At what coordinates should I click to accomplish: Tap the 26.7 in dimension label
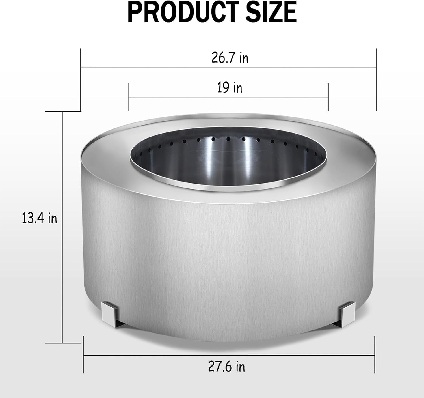230,58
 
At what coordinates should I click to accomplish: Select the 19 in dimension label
230,88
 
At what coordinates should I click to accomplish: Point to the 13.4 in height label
40,218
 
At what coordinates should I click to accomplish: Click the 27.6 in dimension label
227,367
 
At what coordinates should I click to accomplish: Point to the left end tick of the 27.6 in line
83,355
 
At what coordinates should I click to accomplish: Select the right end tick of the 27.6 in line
375,355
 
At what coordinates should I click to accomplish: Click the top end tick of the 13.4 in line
62,112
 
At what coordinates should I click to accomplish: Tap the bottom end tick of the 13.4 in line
62,343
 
